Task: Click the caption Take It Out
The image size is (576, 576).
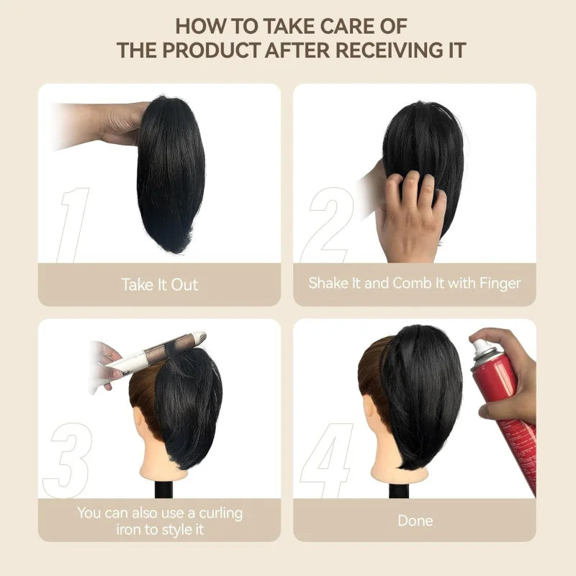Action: click(159, 284)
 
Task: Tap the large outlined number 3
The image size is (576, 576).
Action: click(68, 461)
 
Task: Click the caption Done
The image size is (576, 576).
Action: click(415, 520)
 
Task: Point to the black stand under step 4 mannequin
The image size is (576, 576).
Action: click(398, 490)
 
